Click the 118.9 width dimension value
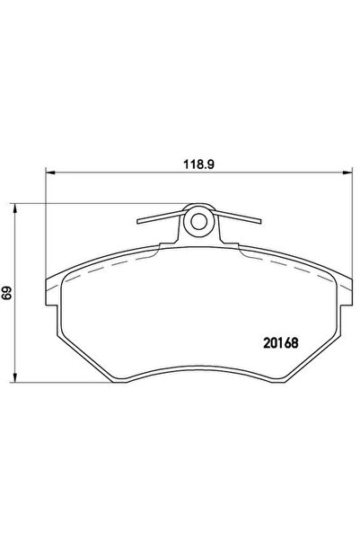point(198,164)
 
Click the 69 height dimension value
point(7,293)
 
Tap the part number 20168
point(281,342)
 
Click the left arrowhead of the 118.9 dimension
point(50,173)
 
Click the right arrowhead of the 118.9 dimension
point(347,173)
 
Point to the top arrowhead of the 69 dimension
point(14,208)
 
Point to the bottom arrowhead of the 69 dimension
point(14,377)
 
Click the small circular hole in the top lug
point(198,222)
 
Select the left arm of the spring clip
point(161,217)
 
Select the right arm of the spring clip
point(237,217)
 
